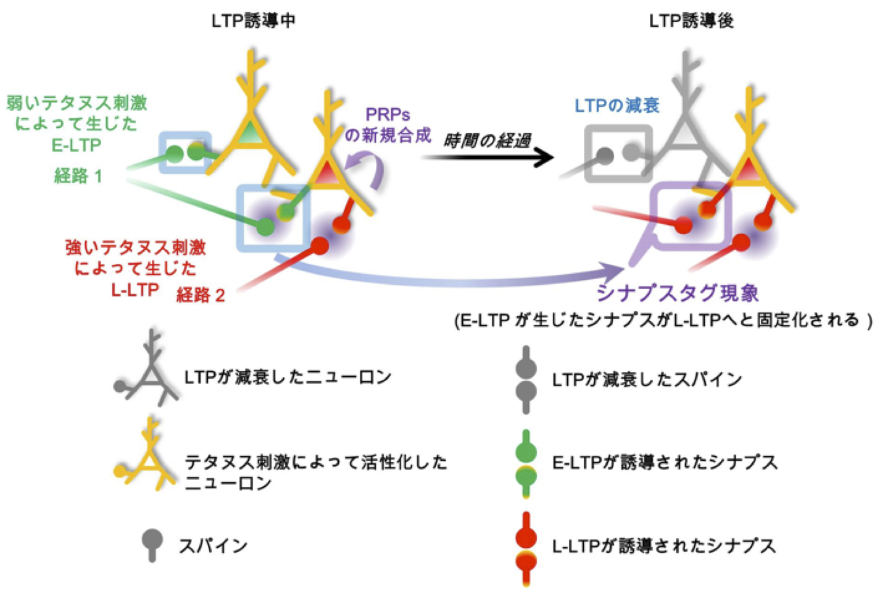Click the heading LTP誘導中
click(x=253, y=21)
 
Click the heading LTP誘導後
click(x=691, y=21)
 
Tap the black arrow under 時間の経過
click(x=488, y=158)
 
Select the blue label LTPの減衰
click(x=617, y=106)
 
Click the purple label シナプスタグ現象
click(x=677, y=293)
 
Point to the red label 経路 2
click(x=201, y=295)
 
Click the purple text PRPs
click(x=388, y=116)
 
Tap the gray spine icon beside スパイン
click(x=152, y=544)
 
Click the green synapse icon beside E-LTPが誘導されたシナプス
click(x=526, y=463)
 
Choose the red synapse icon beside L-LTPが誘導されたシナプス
click(x=526, y=547)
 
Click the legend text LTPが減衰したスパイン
click(x=647, y=379)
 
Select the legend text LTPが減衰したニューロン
click(x=288, y=377)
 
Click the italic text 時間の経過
click(x=487, y=141)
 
